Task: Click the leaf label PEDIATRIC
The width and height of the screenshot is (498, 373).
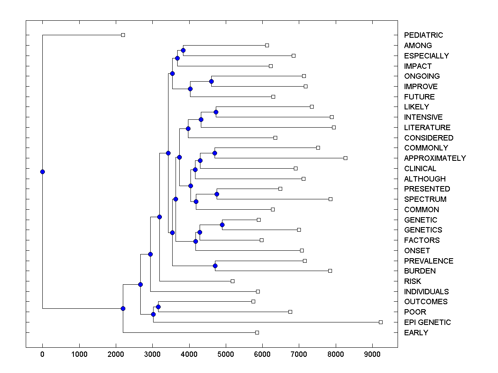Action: click(423, 35)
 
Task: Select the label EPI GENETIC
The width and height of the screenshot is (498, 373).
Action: click(427, 322)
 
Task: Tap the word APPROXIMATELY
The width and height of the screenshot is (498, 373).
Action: click(435, 158)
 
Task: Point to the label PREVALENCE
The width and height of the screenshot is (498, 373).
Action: click(429, 261)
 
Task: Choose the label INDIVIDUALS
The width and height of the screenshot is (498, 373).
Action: click(427, 292)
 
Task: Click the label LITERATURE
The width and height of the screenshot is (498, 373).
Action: click(427, 128)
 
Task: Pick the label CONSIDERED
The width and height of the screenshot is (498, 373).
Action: click(429, 138)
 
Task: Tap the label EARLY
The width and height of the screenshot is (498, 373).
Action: click(416, 333)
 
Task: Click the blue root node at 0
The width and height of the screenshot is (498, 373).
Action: click(42, 172)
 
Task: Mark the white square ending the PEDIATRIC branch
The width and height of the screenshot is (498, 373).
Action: click(123, 35)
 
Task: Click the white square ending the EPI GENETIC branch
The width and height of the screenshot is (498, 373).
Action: click(381, 322)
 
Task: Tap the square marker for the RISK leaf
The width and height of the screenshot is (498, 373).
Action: click(232, 281)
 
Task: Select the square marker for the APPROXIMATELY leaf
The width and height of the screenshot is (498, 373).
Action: click(345, 158)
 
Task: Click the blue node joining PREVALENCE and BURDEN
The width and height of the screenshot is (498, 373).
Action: click(215, 266)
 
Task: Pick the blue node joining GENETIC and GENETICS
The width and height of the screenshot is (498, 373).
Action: click(222, 225)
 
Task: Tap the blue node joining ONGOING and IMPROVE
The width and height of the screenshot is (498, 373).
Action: click(211, 81)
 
